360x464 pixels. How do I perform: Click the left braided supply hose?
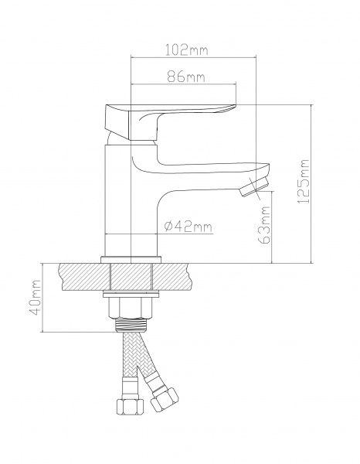click(128, 364)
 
